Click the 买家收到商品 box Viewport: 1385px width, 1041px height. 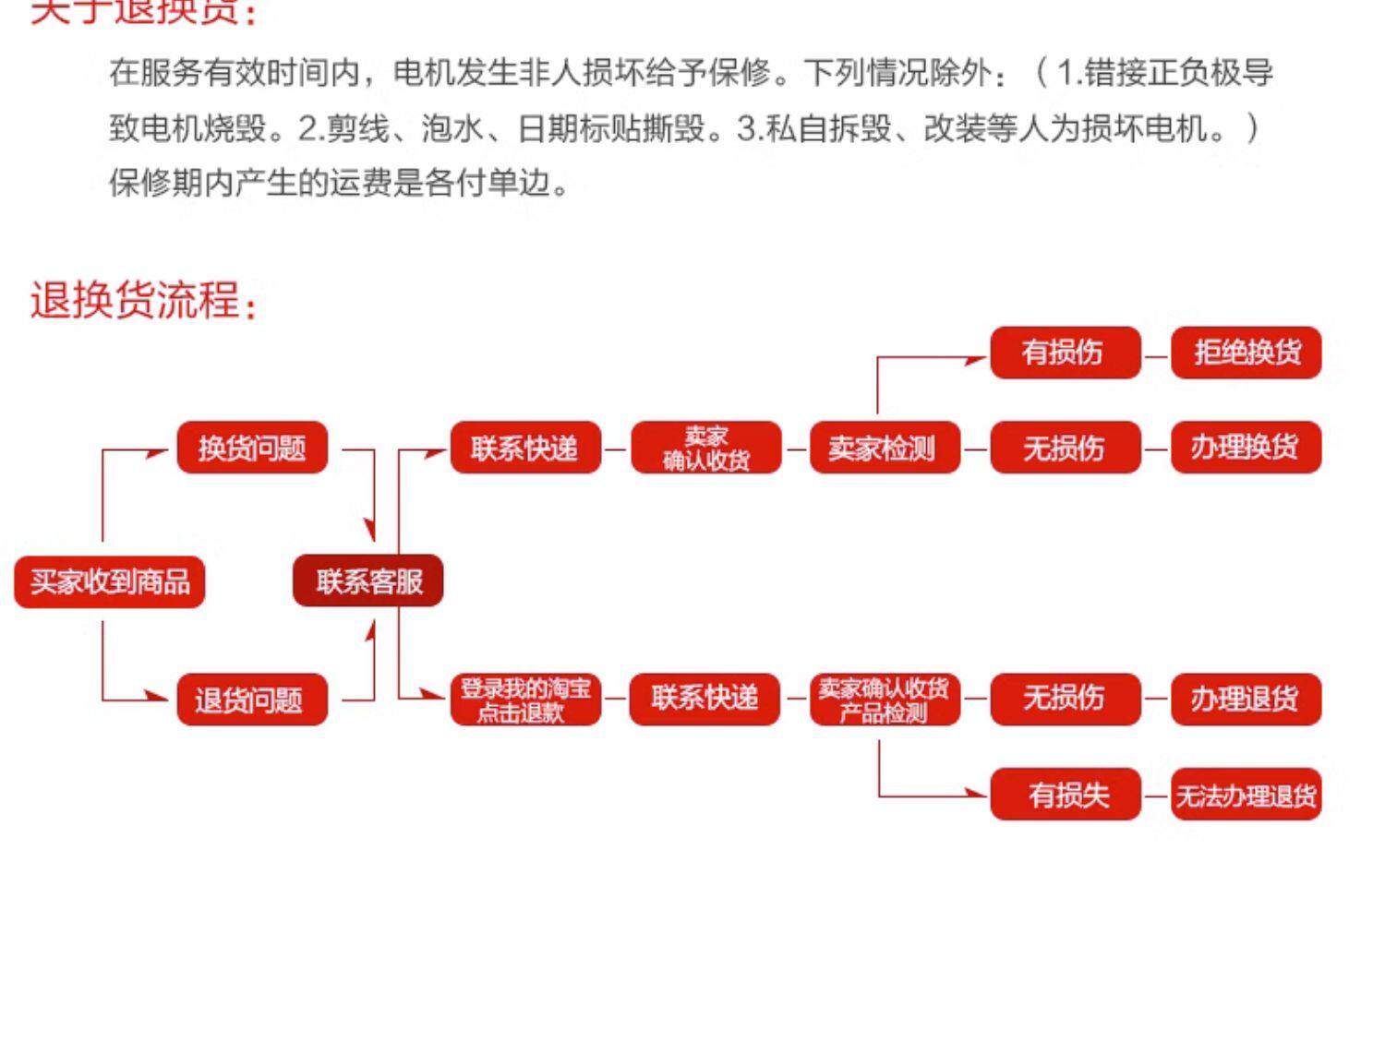(x=109, y=581)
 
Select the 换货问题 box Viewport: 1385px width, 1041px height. (x=252, y=448)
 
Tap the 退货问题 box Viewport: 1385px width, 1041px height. (x=252, y=700)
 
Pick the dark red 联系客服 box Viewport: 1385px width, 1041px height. (x=368, y=581)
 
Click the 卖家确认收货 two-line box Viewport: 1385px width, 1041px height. (x=706, y=448)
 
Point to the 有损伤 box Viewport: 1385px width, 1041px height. (x=1065, y=352)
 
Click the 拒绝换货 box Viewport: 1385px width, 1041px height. (x=1246, y=352)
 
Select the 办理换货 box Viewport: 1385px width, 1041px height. (x=1246, y=448)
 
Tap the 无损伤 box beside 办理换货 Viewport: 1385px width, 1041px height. (x=1065, y=448)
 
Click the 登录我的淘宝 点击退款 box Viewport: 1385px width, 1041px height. (x=525, y=700)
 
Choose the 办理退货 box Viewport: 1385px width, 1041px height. (x=1246, y=700)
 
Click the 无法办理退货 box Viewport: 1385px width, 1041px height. (x=1246, y=795)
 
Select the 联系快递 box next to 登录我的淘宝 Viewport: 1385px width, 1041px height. (x=705, y=700)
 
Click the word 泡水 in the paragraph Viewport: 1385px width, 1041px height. (x=452, y=127)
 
